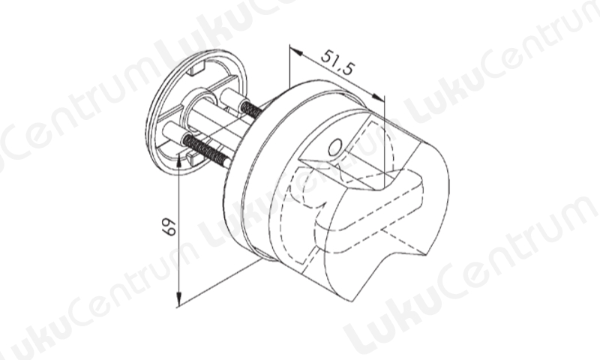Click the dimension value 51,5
[x=337, y=61]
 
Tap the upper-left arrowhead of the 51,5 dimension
[x=295, y=50]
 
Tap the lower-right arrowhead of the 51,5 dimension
[x=378, y=97]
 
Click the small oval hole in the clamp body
[x=335, y=146]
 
